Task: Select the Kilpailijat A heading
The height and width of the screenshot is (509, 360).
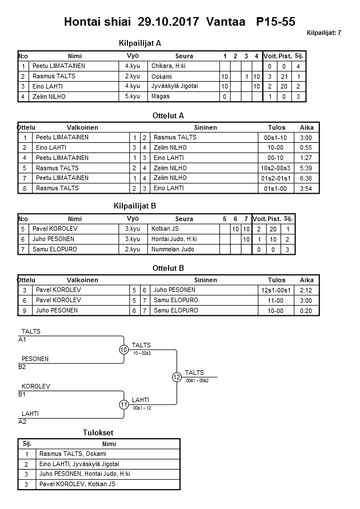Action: tap(140, 43)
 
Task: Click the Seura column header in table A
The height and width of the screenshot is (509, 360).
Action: tap(184, 56)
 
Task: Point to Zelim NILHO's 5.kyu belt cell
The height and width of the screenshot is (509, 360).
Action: tap(133, 97)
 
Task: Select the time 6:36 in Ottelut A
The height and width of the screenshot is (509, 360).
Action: tap(306, 178)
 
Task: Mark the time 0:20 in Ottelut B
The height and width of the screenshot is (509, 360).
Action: tap(306, 311)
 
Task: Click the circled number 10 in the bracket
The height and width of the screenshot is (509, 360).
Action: tap(123, 350)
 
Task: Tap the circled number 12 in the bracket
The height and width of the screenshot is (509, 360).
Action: tap(177, 377)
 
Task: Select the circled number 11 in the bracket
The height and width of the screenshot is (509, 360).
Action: tap(123, 404)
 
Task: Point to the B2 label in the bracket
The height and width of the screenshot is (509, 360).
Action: tap(22, 367)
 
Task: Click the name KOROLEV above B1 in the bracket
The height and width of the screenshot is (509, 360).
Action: tap(35, 386)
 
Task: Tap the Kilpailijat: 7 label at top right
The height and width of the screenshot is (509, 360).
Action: tap(324, 33)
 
